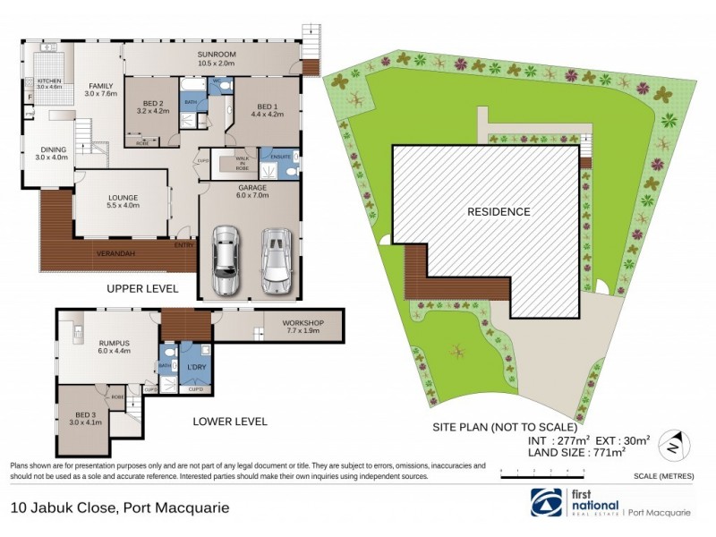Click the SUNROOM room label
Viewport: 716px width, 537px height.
tap(216, 55)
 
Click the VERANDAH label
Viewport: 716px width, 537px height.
tap(116, 254)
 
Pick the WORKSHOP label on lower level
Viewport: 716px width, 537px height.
tap(302, 322)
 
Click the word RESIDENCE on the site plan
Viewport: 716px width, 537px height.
tap(499, 212)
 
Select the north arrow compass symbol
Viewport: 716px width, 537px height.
tap(677, 443)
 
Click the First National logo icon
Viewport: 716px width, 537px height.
tap(543, 503)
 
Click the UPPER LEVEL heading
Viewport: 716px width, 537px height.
tap(142, 288)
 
